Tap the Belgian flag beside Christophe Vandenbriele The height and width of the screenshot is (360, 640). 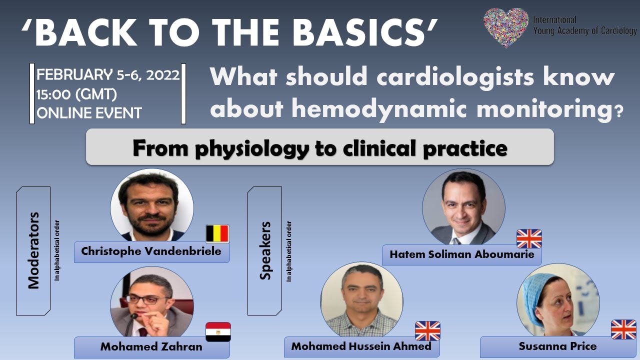click(x=217, y=234)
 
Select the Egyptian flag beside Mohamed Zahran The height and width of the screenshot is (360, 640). click(x=218, y=331)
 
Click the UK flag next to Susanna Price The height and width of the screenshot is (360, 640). click(x=623, y=330)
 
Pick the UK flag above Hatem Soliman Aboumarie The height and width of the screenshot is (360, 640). click(x=529, y=238)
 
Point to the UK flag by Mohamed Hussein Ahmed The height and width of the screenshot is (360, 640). click(x=427, y=331)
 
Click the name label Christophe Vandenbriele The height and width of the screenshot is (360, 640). click(x=151, y=251)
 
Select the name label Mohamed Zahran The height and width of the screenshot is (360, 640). click(x=151, y=346)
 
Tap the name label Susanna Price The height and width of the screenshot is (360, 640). click(x=557, y=346)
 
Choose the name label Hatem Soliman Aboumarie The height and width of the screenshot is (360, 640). click(x=461, y=254)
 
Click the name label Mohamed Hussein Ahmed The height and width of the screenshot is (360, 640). click(x=361, y=346)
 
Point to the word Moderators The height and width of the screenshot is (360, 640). click(x=33, y=250)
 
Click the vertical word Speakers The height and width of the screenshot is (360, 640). click(x=265, y=250)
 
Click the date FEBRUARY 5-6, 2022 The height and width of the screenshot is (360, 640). click(x=108, y=75)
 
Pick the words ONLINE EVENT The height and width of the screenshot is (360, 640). click(x=89, y=113)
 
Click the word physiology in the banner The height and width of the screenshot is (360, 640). click(x=252, y=148)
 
